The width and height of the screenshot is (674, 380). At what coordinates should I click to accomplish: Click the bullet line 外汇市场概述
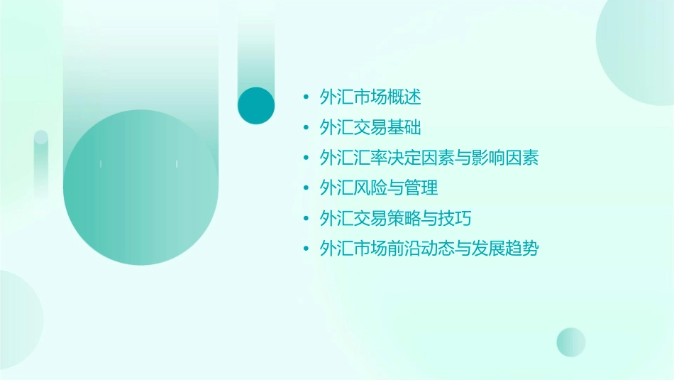pyautogui.click(x=371, y=97)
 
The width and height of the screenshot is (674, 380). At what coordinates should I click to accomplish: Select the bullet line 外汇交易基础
pyautogui.click(x=371, y=127)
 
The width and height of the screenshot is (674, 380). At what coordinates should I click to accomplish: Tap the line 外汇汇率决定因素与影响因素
pyautogui.click(x=429, y=158)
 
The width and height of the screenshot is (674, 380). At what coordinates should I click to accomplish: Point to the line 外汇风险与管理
pyautogui.click(x=379, y=188)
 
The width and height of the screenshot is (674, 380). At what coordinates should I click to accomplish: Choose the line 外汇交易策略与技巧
pyautogui.click(x=395, y=218)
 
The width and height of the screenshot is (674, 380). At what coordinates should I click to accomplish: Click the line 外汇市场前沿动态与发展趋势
pyautogui.click(x=429, y=249)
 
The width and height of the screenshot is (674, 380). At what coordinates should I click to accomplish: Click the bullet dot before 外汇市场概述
pyautogui.click(x=305, y=97)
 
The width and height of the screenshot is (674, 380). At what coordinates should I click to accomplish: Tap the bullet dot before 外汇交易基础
pyautogui.click(x=305, y=127)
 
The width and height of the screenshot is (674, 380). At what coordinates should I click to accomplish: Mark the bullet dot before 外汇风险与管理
pyautogui.click(x=305, y=188)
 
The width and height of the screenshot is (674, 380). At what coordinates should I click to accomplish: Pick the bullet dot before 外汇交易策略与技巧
pyautogui.click(x=305, y=218)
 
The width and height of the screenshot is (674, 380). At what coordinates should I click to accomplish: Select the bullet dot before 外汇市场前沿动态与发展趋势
pyautogui.click(x=305, y=249)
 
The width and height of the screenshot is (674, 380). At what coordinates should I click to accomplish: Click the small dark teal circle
pyautogui.click(x=256, y=105)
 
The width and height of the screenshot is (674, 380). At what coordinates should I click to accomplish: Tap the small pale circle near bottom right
pyautogui.click(x=571, y=342)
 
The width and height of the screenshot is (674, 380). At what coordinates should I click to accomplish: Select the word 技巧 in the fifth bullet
pyautogui.click(x=455, y=218)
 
